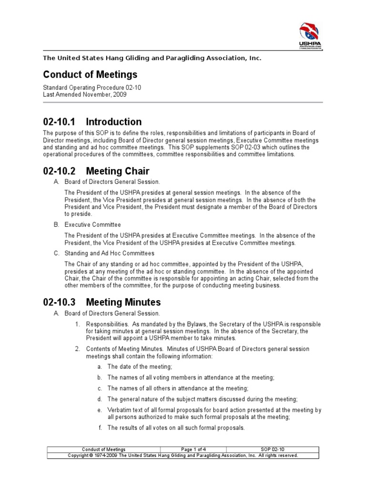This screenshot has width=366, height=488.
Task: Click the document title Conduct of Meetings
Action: pyautogui.click(x=90, y=75)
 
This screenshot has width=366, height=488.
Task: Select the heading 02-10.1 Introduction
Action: pyautogui.click(x=92, y=122)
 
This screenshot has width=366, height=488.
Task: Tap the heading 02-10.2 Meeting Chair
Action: pyautogui.click(x=96, y=171)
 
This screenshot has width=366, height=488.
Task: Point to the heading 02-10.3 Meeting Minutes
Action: pyautogui.click(x=102, y=302)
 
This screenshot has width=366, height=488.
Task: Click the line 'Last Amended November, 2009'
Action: pyautogui.click(x=85, y=94)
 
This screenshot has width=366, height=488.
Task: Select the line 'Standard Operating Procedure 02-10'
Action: pyautogui.click(x=92, y=88)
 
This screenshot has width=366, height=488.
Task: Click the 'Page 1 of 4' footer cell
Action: pyautogui.click(x=193, y=449)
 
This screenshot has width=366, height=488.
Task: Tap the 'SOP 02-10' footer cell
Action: pyautogui.click(x=272, y=449)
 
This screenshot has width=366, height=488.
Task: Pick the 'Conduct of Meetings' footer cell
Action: pyautogui.click(x=104, y=449)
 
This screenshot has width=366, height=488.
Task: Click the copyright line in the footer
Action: pyautogui.click(x=183, y=456)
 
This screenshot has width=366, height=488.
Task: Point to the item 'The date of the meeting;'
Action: pyautogui.click(x=140, y=366)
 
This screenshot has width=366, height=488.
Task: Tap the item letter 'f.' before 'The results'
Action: pyautogui.click(x=100, y=427)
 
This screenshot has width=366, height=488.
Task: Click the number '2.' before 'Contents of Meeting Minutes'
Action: pyautogui.click(x=77, y=349)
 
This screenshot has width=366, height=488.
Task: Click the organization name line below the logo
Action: pyautogui.click(x=152, y=58)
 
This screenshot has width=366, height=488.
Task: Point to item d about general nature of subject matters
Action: pyautogui.click(x=202, y=399)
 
